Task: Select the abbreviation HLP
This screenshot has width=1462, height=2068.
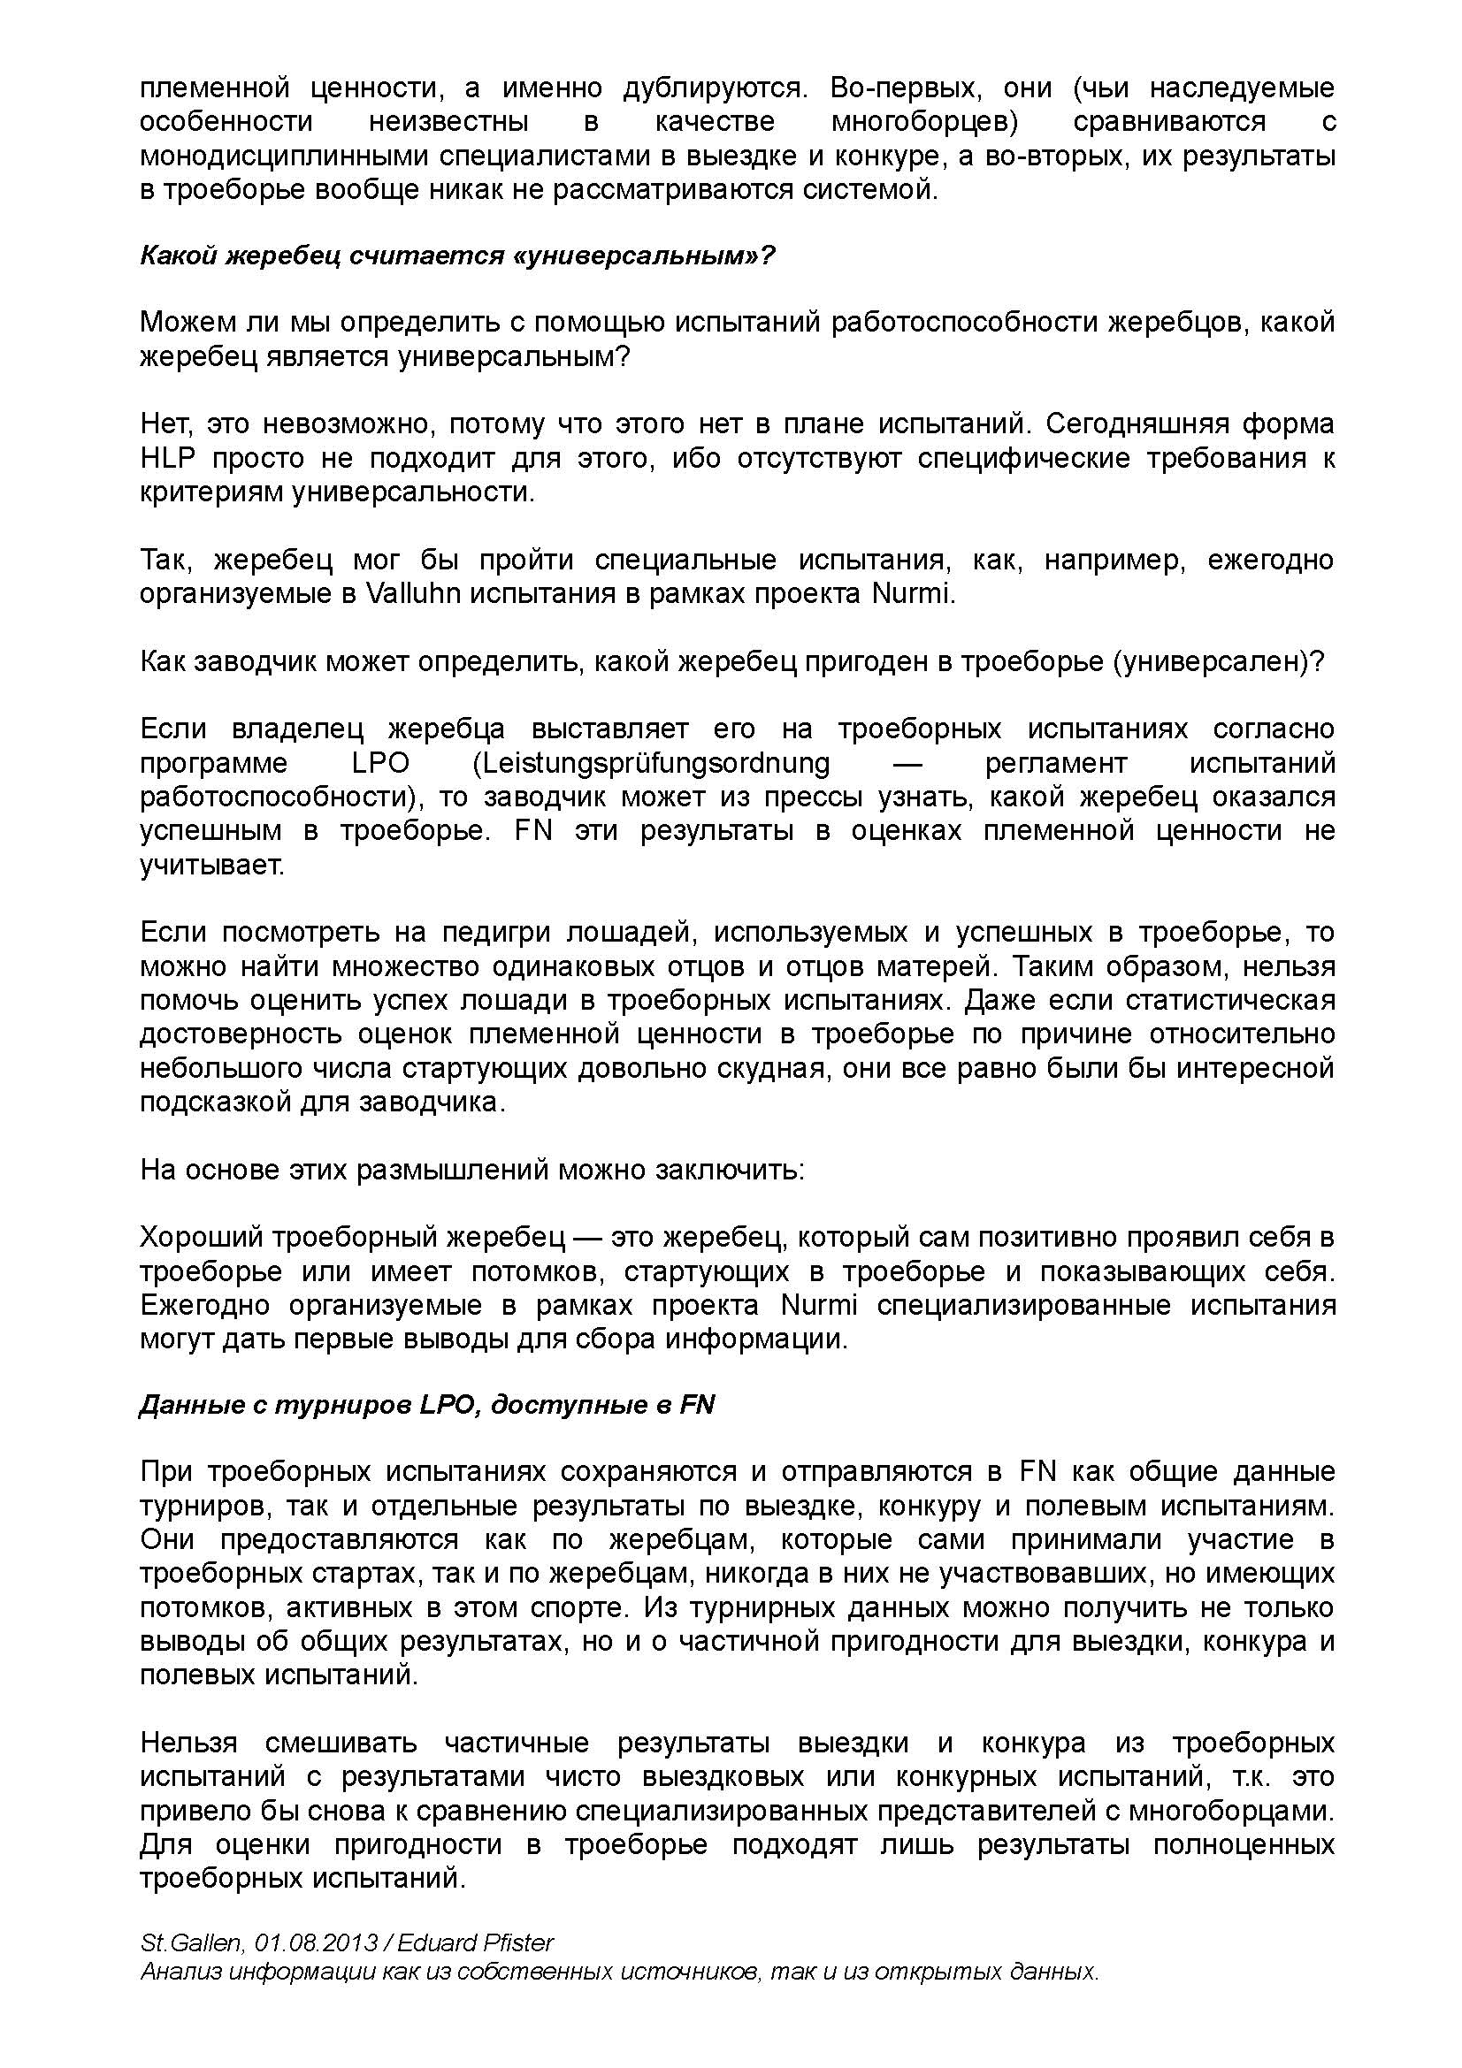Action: [x=167, y=459]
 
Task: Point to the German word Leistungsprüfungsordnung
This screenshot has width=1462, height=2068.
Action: [x=650, y=763]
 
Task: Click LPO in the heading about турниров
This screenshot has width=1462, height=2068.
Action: [x=447, y=1405]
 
